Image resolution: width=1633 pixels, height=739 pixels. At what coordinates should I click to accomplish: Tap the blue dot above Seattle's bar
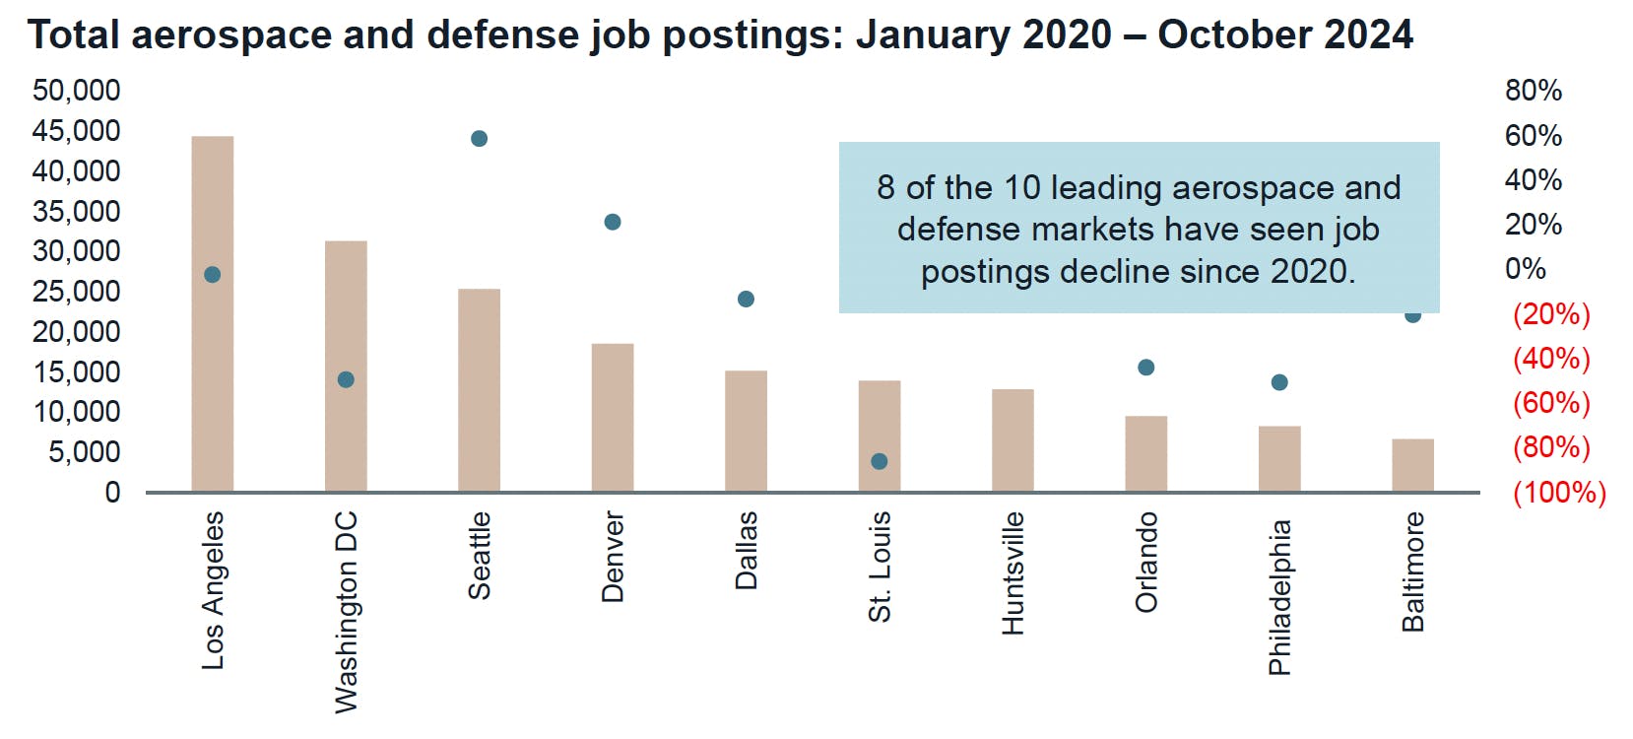pyautogui.click(x=479, y=139)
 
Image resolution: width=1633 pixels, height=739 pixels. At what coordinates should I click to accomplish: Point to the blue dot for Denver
pyautogui.click(x=612, y=223)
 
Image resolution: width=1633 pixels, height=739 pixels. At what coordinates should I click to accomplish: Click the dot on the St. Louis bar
pyautogui.click(x=880, y=461)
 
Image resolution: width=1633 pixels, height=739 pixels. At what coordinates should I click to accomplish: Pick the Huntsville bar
pyautogui.click(x=1012, y=440)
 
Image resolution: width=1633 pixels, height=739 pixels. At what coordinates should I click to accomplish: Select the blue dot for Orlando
pyautogui.click(x=1145, y=368)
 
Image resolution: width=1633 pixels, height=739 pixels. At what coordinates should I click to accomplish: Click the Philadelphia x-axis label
pyautogui.click(x=1278, y=597)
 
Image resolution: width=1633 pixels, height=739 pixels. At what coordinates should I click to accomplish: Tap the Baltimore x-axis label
pyautogui.click(x=1412, y=571)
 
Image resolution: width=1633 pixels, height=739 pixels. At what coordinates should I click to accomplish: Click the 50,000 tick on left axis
pyautogui.click(x=76, y=91)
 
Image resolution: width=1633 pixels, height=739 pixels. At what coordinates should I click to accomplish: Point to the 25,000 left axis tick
pyautogui.click(x=76, y=292)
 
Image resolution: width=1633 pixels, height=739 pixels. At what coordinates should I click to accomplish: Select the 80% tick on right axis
pyautogui.click(x=1533, y=91)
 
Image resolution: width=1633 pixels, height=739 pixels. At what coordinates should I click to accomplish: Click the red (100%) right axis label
pyautogui.click(x=1558, y=492)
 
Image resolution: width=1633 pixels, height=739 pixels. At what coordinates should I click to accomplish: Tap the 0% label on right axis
pyautogui.click(x=1525, y=269)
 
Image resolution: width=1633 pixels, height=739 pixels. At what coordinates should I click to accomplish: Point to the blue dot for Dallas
pyautogui.click(x=746, y=300)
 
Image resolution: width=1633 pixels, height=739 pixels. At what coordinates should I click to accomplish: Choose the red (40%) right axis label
pyautogui.click(x=1551, y=358)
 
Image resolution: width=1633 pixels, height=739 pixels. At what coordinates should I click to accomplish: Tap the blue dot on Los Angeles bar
pyautogui.click(x=212, y=275)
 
